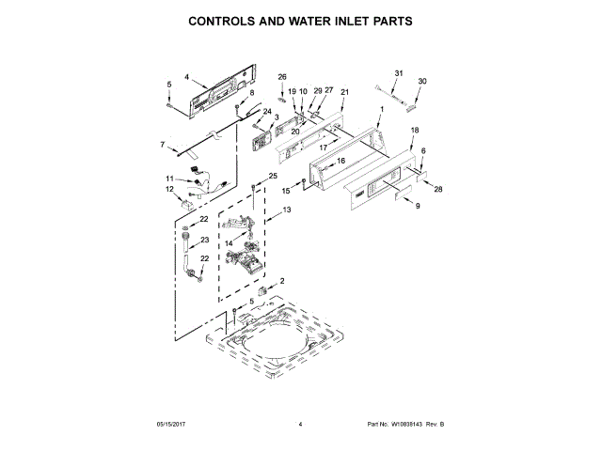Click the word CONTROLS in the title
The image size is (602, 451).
click(x=227, y=20)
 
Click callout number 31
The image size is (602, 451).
click(x=398, y=73)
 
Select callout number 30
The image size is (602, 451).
click(x=422, y=82)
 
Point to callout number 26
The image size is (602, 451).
click(x=281, y=76)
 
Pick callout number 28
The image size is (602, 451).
click(x=438, y=189)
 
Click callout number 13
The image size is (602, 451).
click(x=288, y=210)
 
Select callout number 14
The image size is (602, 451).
click(x=228, y=242)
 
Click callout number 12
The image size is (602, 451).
click(x=170, y=190)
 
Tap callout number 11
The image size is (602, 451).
click(x=170, y=179)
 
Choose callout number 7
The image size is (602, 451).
click(x=163, y=144)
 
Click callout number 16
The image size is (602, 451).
click(x=341, y=162)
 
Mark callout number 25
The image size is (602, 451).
click(x=273, y=176)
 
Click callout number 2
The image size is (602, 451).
click(x=281, y=280)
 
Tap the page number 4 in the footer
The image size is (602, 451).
click(x=300, y=425)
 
